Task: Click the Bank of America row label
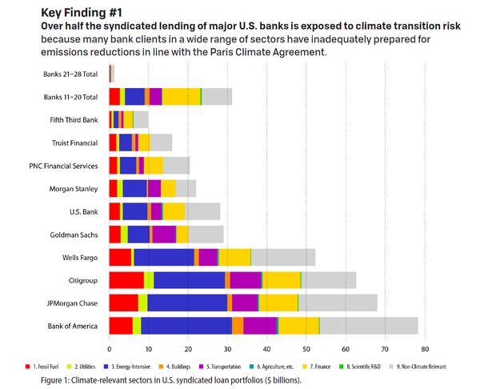[71, 326]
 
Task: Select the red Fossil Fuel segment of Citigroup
[126, 280]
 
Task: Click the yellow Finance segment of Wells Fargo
[234, 257]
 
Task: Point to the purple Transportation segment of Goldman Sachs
[163, 234]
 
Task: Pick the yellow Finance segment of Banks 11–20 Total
[181, 97]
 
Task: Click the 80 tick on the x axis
[425, 349]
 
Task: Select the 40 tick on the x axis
[267, 349]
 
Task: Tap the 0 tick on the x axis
[110, 349]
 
